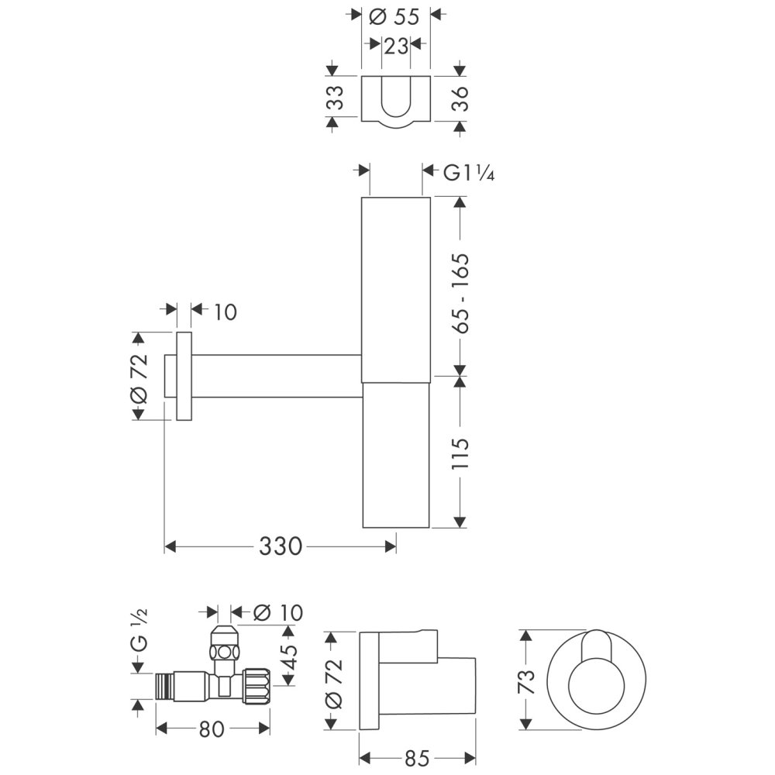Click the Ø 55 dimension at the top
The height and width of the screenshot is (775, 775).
[x=396, y=16]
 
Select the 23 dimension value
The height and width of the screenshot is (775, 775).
[x=395, y=46]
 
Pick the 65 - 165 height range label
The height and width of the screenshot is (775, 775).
[x=460, y=292]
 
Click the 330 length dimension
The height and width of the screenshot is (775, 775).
[x=280, y=547]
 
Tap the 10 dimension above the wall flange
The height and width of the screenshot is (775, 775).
[x=224, y=312]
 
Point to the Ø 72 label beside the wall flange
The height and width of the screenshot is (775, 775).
[x=139, y=377]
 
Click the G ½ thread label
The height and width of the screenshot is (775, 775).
[x=139, y=632]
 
